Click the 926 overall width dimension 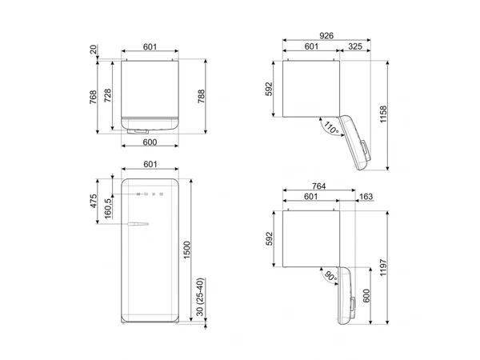326,36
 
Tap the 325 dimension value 355,46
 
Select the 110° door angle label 331,128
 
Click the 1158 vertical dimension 383,114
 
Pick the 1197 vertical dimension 383,267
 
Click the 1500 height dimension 186,250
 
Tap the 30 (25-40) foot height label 200,297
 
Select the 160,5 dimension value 108,209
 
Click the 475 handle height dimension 93,201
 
